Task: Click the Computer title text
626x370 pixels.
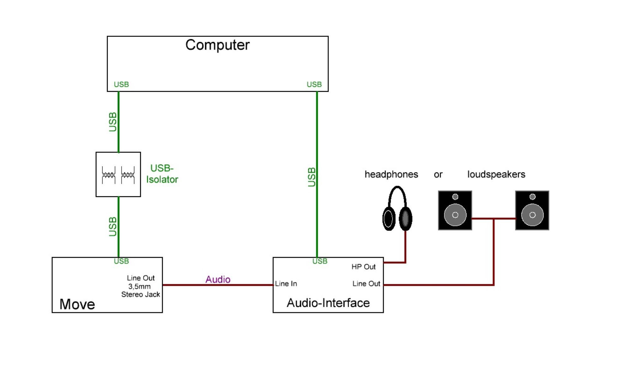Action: click(217, 45)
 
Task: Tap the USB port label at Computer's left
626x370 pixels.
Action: click(121, 84)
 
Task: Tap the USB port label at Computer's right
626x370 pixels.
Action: click(314, 84)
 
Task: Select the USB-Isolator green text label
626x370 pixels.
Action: click(162, 174)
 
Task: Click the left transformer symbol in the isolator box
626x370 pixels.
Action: click(109, 175)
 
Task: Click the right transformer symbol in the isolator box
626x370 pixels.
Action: click(128, 175)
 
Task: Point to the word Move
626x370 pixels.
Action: click(77, 304)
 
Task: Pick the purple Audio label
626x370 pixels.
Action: click(218, 280)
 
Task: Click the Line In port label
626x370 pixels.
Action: click(286, 284)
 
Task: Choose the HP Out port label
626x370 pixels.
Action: click(364, 267)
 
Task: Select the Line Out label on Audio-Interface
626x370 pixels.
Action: click(366, 284)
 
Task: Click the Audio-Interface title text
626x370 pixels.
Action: click(328, 303)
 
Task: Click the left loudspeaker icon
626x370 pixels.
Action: click(455, 210)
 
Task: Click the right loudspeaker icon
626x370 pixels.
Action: click(532, 210)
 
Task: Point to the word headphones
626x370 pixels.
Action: click(391, 174)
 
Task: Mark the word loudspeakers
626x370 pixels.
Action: click(496, 174)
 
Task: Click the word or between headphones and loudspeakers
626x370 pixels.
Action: click(438, 175)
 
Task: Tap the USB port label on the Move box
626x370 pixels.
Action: click(121, 261)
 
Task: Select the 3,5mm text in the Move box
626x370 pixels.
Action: click(139, 287)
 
